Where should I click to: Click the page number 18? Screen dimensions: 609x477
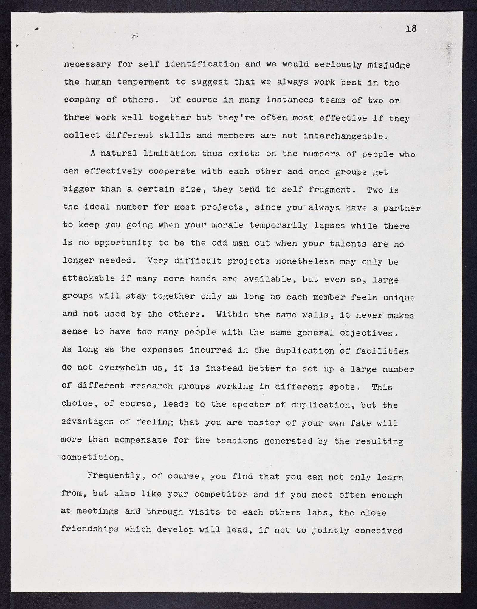(411, 29)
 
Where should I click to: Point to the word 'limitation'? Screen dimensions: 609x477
(170, 154)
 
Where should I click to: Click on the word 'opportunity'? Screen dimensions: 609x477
(123, 243)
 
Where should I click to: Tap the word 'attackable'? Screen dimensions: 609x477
(89, 278)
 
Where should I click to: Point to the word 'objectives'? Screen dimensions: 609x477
(369, 333)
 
